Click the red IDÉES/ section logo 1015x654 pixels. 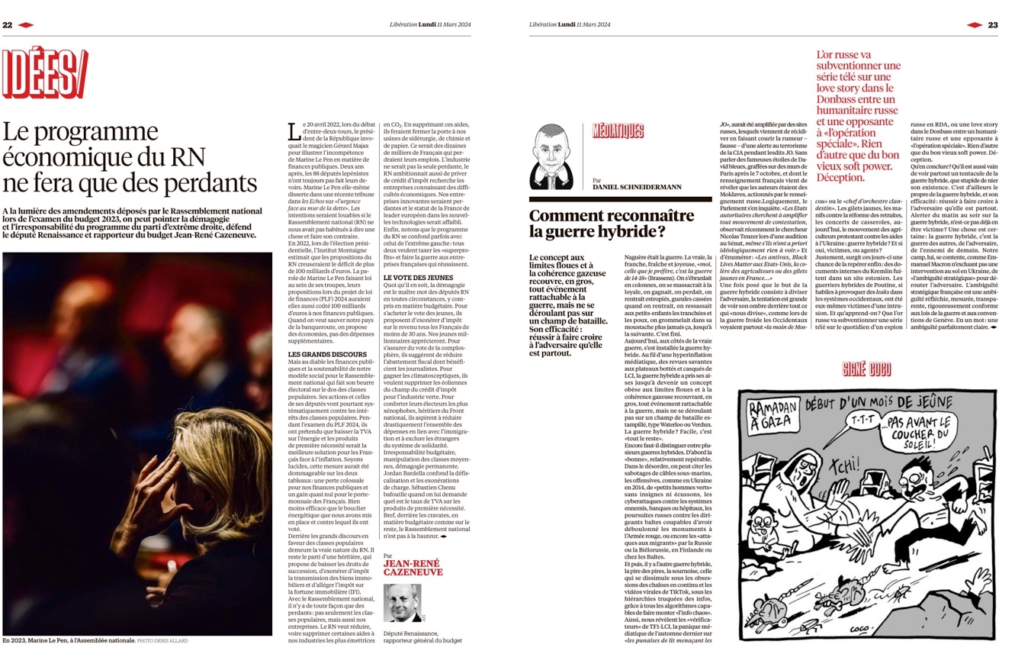pyautogui.click(x=45, y=73)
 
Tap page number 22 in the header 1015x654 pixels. pyautogui.click(x=8, y=24)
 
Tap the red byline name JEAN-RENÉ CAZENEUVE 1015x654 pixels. pyautogui.click(x=413, y=569)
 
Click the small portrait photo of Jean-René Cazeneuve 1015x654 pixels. pyautogui.click(x=402, y=604)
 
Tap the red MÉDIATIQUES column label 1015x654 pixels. pyautogui.click(x=618, y=131)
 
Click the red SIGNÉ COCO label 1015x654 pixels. pyautogui.click(x=866, y=370)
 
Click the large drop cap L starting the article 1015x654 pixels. pyautogui.click(x=294, y=131)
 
